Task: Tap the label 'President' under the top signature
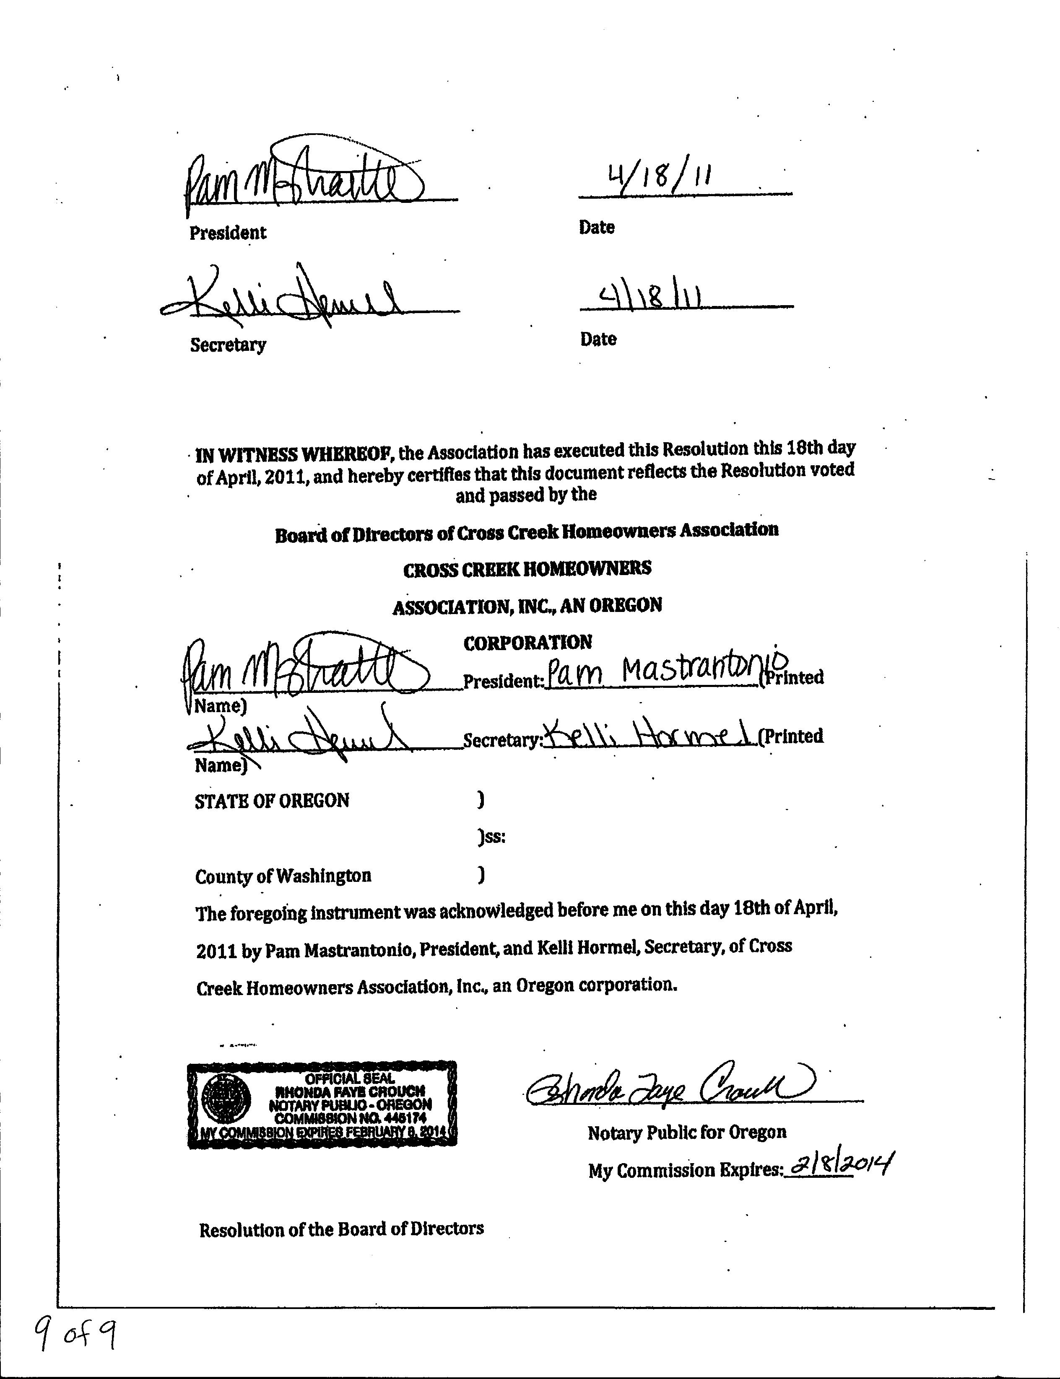[228, 233]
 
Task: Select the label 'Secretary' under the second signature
[228, 345]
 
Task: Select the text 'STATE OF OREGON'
[272, 801]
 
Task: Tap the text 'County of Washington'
[283, 876]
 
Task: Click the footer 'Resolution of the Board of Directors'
[341, 1229]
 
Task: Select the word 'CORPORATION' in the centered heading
[527, 643]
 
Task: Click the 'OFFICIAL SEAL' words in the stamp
[350, 1079]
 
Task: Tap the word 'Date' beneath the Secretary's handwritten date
[598, 339]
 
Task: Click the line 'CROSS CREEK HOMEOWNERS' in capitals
[527, 569]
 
